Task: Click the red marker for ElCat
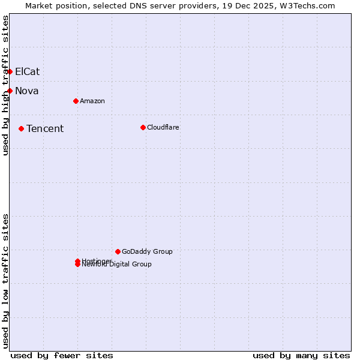pos(10,71)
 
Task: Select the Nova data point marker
pos(10,91)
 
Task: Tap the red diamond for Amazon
pos(76,101)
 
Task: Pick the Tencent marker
pos(21,128)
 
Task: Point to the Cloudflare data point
pos(143,127)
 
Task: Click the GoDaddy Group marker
pos(118,251)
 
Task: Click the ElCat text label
pos(27,71)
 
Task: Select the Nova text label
pos(26,91)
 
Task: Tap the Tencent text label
pos(45,128)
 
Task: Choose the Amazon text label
pos(92,101)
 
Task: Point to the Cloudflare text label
pos(163,127)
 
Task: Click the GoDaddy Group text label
pos(147,251)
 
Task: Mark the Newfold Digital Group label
pos(117,265)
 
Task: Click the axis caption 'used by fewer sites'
pos(62,355)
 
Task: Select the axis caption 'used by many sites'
pos(301,355)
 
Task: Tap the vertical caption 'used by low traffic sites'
pos(6,281)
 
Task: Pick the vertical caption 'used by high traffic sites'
pos(6,85)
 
